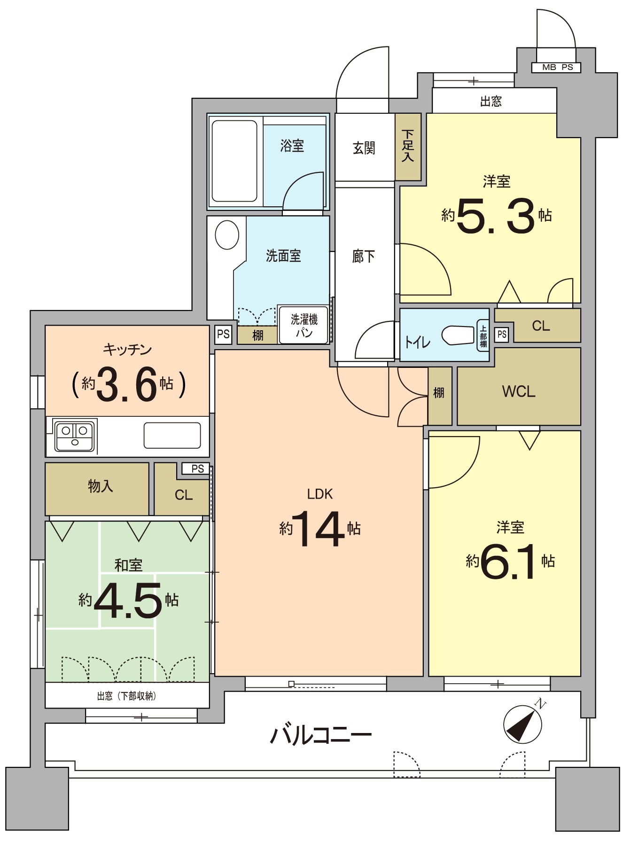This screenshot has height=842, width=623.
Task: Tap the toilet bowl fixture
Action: click(x=458, y=335)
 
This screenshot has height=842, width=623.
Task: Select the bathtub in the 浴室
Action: click(x=234, y=161)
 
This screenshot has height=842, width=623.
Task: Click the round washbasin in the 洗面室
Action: click(x=227, y=234)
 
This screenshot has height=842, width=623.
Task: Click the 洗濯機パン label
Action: click(x=304, y=326)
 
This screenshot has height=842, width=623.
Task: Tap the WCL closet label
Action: click(x=519, y=391)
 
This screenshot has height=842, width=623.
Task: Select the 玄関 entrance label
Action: click(x=364, y=148)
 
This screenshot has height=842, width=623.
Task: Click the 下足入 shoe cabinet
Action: click(x=408, y=147)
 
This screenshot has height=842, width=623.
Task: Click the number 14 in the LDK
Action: click(x=317, y=529)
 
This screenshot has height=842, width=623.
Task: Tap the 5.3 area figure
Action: click(x=495, y=216)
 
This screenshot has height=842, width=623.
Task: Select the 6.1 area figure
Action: click(x=508, y=561)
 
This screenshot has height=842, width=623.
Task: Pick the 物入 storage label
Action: click(x=101, y=486)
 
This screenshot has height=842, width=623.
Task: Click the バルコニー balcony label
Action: click(x=321, y=734)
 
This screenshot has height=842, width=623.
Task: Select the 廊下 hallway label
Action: click(x=364, y=256)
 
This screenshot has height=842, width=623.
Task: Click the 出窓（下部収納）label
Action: click(x=126, y=696)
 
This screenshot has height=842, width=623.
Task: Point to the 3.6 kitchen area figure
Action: click(x=126, y=385)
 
